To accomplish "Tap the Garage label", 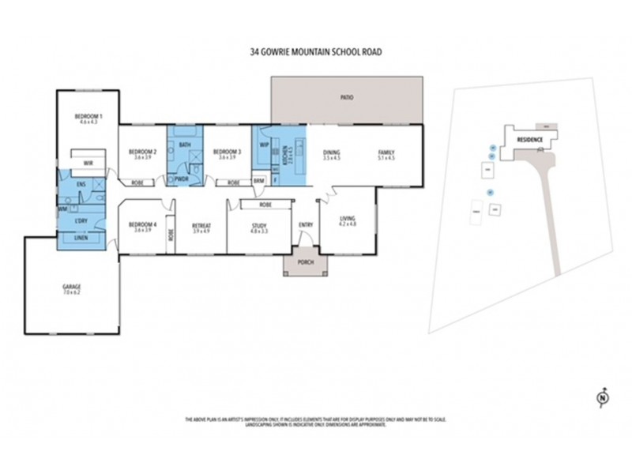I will tap(73, 287).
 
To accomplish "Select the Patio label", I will tap(346, 98).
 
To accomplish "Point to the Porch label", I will tap(305, 262).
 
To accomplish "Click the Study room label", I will tap(259, 225).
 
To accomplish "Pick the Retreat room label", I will tap(201, 225).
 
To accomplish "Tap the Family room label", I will tap(386, 152).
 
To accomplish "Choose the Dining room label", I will tap(331, 152).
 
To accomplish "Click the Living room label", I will tap(347, 220).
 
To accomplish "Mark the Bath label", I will tap(184, 145).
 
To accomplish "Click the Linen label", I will tap(81, 238).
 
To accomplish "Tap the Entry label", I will tap(305, 225).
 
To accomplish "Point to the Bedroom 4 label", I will tap(143, 225).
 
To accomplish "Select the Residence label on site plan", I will tap(529, 139).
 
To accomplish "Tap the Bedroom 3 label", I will tap(227, 152).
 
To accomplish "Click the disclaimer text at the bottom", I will tap(315, 423).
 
